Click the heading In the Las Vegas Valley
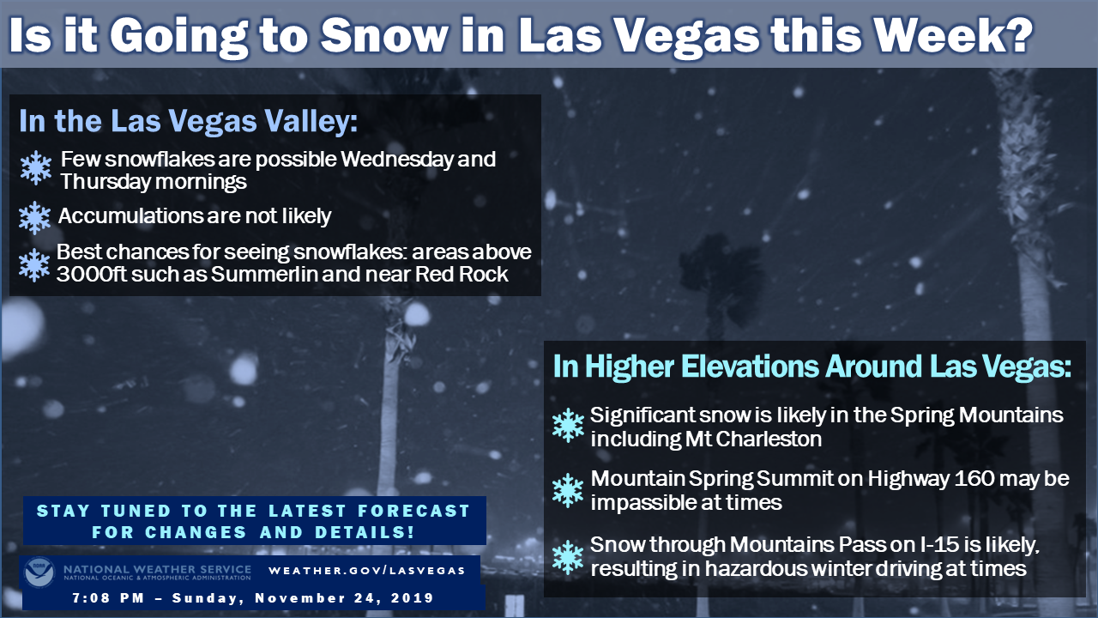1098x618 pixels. pyautogui.click(x=188, y=121)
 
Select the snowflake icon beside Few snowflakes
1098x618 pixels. pyautogui.click(x=36, y=167)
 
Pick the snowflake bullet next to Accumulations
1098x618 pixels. pyautogui.click(x=35, y=217)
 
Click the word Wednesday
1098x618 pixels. pyautogui.click(x=397, y=160)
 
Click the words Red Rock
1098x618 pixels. pyautogui.click(x=462, y=274)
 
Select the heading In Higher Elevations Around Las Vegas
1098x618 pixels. pyautogui.click(x=811, y=367)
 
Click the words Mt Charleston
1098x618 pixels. pyautogui.click(x=753, y=439)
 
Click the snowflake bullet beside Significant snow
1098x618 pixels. pyautogui.click(x=568, y=425)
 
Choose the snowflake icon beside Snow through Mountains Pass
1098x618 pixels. pyautogui.click(x=568, y=558)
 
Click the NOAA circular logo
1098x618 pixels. pyautogui.click(x=39, y=573)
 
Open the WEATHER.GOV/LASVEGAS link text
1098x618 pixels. pyautogui.click(x=366, y=571)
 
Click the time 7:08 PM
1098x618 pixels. pyautogui.click(x=108, y=598)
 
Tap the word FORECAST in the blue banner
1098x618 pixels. pyautogui.click(x=414, y=511)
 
